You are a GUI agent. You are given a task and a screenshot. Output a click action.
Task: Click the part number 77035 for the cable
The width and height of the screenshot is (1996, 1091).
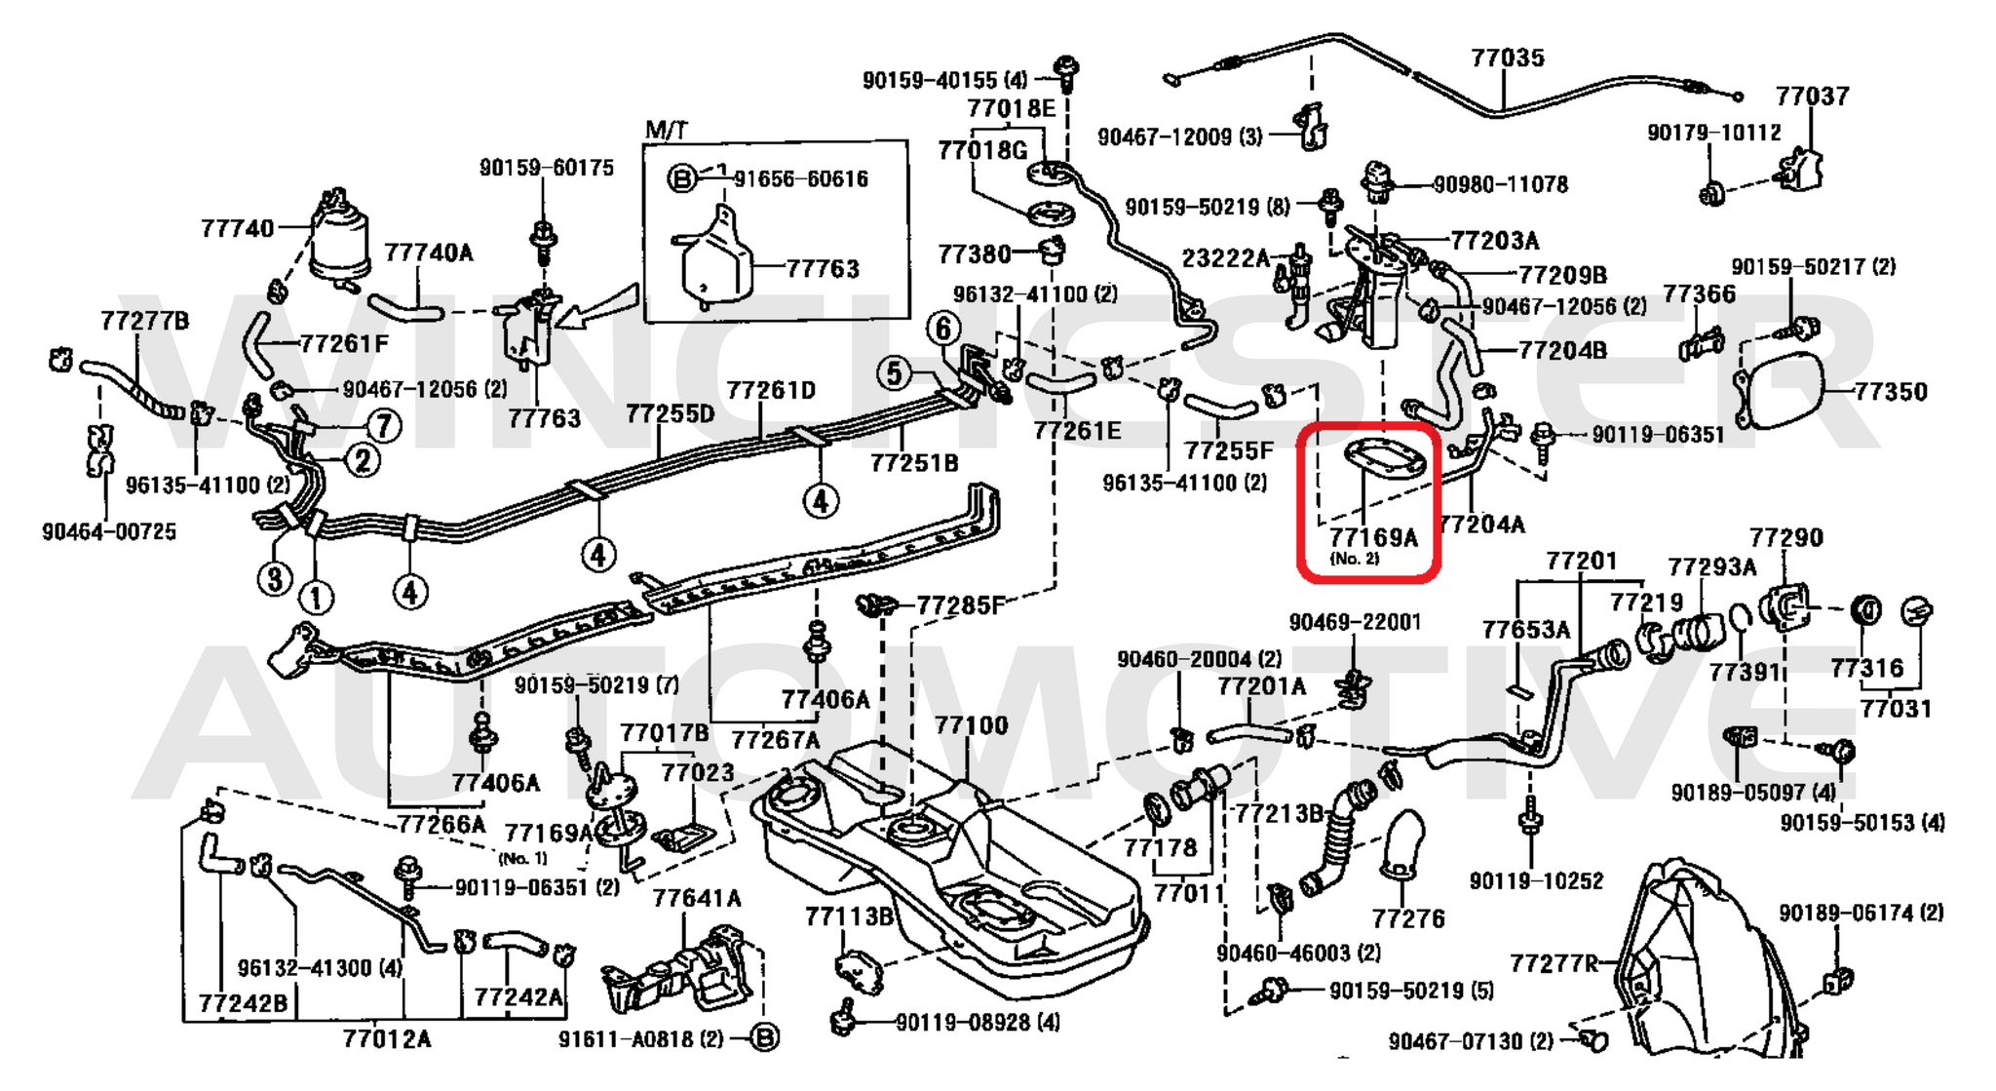[x=1507, y=58]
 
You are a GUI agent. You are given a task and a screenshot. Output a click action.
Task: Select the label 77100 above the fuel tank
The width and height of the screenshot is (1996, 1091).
[x=971, y=725]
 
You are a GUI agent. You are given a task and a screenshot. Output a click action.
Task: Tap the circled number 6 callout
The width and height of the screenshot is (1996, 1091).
[x=942, y=330]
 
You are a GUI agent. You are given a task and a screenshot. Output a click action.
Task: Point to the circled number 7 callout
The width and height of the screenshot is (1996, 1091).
[x=383, y=425]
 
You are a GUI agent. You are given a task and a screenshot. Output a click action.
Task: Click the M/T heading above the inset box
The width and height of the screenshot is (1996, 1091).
[x=666, y=131]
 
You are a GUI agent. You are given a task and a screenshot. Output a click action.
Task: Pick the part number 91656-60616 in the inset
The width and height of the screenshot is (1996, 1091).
[x=800, y=179]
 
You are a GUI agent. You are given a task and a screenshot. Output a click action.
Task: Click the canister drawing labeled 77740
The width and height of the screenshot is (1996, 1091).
[x=340, y=239]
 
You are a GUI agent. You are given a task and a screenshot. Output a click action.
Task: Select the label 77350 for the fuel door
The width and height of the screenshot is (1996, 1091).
[x=1890, y=392]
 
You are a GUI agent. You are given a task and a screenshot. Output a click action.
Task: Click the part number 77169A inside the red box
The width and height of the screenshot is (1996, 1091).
[x=1373, y=537]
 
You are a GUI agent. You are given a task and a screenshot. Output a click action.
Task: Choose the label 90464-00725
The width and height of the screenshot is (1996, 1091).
[x=109, y=532]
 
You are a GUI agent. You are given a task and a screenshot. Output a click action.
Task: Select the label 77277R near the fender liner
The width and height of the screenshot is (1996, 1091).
[x=1554, y=964]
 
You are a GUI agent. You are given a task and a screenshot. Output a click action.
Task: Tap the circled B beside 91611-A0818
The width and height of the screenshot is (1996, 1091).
[x=766, y=1038]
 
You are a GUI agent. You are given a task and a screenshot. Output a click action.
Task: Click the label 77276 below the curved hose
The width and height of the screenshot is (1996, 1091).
[x=1407, y=918]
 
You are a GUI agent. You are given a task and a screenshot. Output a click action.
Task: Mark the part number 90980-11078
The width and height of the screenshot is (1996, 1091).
[x=1500, y=184]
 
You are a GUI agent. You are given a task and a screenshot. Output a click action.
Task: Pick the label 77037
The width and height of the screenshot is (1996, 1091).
[x=1812, y=97]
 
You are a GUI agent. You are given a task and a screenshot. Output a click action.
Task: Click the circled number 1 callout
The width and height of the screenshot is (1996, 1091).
[x=315, y=597]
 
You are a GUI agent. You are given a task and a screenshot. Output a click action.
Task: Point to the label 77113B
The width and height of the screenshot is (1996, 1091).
[x=849, y=916]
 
